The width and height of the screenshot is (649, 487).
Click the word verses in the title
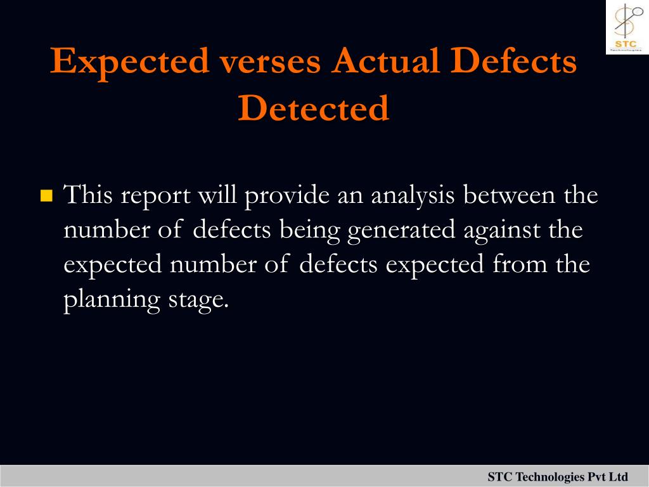tap(270, 62)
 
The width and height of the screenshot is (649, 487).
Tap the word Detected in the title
tap(313, 108)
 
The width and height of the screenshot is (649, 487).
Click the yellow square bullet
tap(46, 195)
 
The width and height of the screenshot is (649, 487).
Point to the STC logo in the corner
tap(627, 27)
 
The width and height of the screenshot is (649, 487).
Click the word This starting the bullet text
tap(87, 194)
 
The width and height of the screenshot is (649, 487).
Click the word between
tap(509, 194)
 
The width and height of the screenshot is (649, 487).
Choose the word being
tap(309, 231)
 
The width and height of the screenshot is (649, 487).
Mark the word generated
tap(401, 231)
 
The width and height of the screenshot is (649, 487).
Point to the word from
tap(520, 264)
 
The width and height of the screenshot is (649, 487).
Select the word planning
tap(112, 300)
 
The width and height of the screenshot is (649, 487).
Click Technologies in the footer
tap(550, 477)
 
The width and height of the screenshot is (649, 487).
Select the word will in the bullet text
tap(217, 194)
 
